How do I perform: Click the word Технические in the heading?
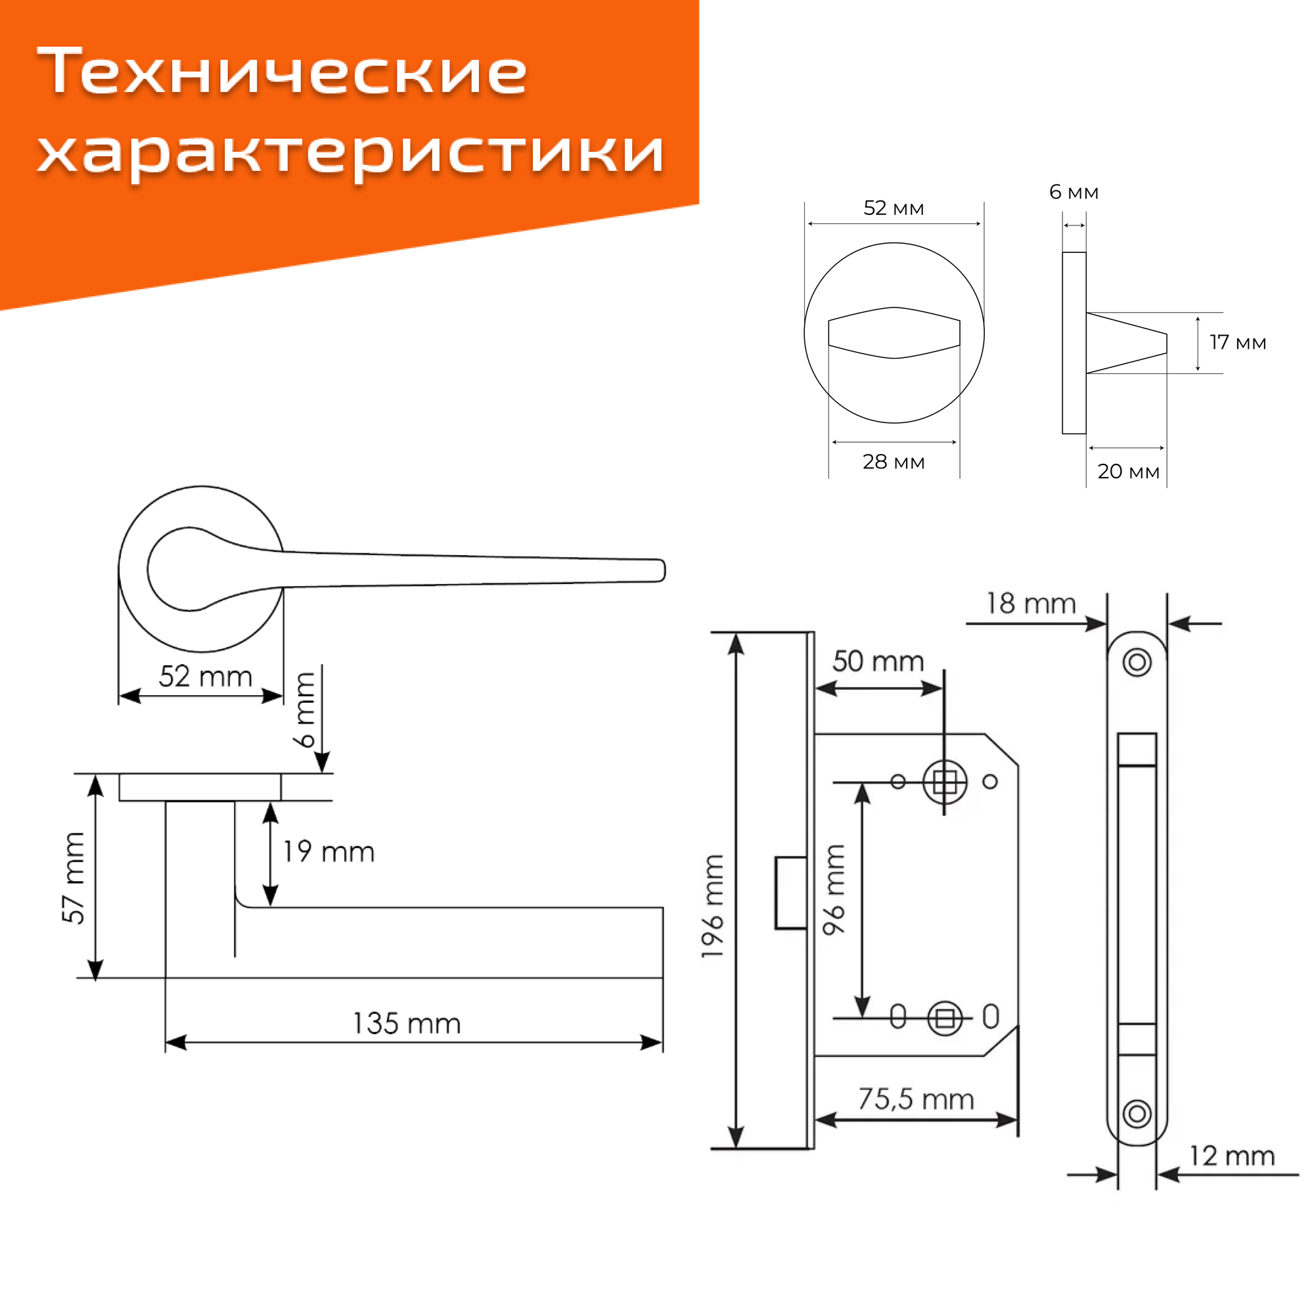[x=282, y=72]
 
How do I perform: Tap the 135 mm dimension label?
[x=407, y=1024]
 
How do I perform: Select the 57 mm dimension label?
[x=74, y=877]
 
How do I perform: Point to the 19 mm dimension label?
[x=328, y=851]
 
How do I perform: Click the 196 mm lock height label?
[x=713, y=907]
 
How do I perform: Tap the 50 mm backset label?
[x=878, y=661]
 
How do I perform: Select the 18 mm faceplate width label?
[x=1031, y=603]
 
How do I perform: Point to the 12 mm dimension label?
[x=1232, y=1156]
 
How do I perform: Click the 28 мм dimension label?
[x=894, y=462]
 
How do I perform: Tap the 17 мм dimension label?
[x=1237, y=342]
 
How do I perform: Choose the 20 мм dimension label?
[x=1128, y=471]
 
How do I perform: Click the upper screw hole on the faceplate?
[x=1137, y=662]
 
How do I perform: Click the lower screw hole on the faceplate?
[x=1137, y=1114]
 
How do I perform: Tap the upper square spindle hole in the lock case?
[x=945, y=782]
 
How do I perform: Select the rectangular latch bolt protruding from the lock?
[x=791, y=892]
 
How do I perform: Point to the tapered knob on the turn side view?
[x=1125, y=343]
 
